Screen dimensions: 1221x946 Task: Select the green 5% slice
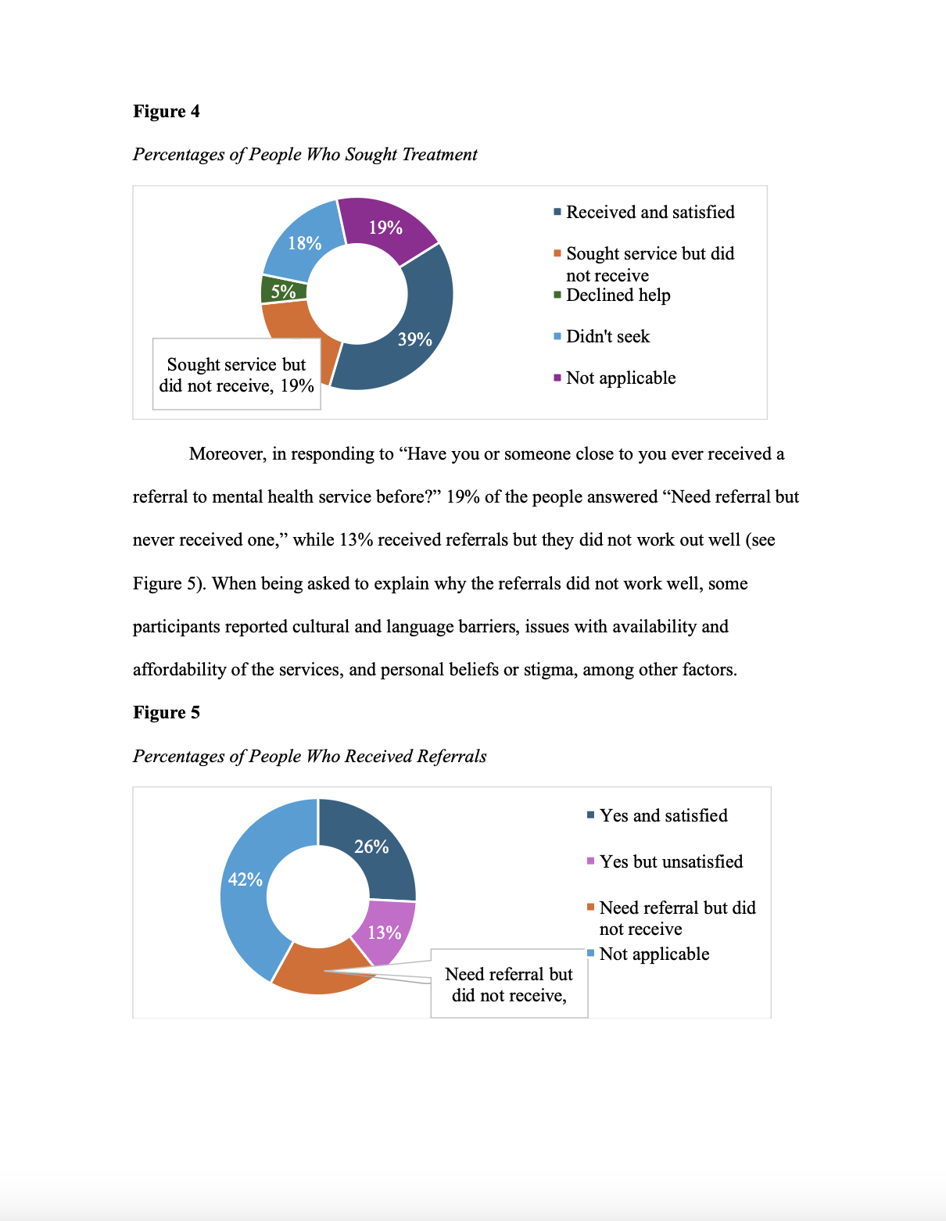pyautogui.click(x=283, y=290)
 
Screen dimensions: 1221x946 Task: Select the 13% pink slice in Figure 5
pyautogui.click(x=385, y=932)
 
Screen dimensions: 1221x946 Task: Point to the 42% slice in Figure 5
pyautogui.click(x=245, y=879)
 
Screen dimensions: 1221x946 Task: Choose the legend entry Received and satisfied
pyautogui.click(x=650, y=212)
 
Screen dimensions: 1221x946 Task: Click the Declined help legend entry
pyautogui.click(x=618, y=295)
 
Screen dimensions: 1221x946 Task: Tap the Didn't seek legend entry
pyautogui.click(x=607, y=336)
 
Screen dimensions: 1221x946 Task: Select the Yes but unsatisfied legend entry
pyautogui.click(x=671, y=861)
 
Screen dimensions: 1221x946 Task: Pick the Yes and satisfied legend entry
pyautogui.click(x=663, y=815)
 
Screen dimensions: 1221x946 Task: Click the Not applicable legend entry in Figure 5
pyautogui.click(x=654, y=954)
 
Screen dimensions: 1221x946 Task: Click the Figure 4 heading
pyautogui.click(x=167, y=111)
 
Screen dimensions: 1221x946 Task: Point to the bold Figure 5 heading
pyautogui.click(x=167, y=712)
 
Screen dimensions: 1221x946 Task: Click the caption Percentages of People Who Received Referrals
pyautogui.click(x=310, y=756)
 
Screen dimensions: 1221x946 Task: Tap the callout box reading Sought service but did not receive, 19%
pyautogui.click(x=236, y=374)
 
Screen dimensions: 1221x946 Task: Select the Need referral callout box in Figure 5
pyautogui.click(x=509, y=984)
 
